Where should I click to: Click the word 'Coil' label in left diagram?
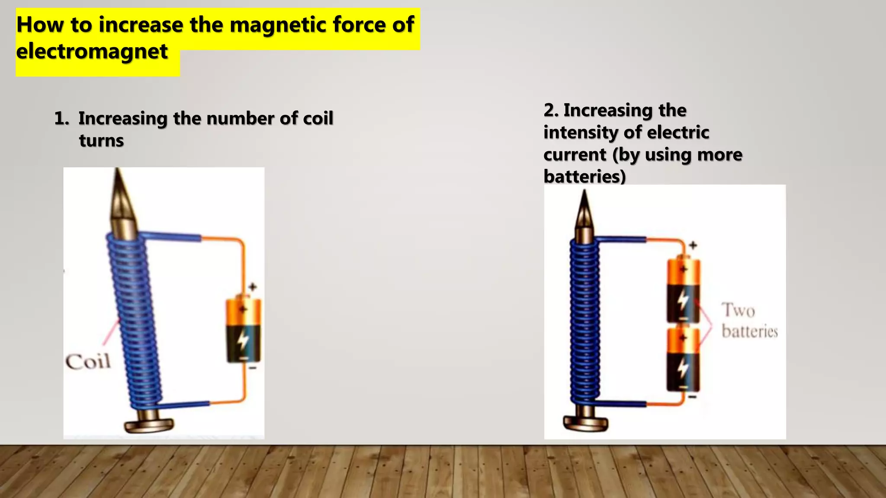88,361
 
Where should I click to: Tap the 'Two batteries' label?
749,321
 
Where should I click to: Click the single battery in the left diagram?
244,329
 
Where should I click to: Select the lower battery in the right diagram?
683,360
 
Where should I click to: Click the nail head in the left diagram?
148,425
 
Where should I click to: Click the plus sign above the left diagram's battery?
253,287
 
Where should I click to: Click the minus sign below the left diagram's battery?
253,368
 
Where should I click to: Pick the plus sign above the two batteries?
693,245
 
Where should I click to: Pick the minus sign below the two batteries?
693,396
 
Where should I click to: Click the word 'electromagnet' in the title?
92,51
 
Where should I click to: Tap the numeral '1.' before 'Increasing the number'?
61,118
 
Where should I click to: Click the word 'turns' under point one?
101,141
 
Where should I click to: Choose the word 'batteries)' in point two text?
584,176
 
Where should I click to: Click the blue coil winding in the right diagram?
585,320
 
